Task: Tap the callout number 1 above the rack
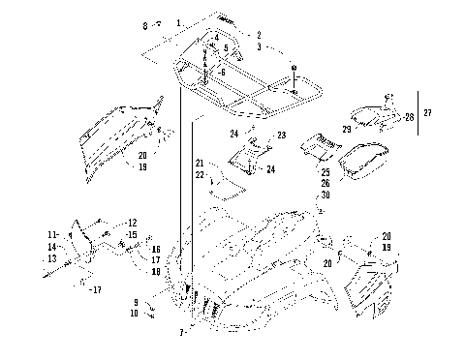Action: [x=178, y=21]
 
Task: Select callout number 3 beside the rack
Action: [x=259, y=46]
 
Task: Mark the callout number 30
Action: [x=326, y=195]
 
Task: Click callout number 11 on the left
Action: [x=52, y=234]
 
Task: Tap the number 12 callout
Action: [x=133, y=223]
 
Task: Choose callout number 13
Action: [x=52, y=257]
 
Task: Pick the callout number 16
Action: [x=155, y=249]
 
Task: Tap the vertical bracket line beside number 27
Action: [x=418, y=114]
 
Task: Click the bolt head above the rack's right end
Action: [x=294, y=66]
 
